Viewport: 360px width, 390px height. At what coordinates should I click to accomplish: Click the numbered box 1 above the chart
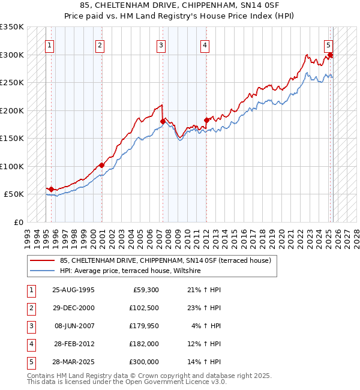[49, 44]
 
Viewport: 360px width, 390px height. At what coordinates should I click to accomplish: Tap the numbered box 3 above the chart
[161, 44]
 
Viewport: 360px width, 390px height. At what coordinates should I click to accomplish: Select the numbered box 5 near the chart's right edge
[329, 44]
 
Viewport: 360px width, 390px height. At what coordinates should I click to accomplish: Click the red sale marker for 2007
[163, 122]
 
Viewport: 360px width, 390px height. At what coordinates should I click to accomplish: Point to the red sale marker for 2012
[206, 120]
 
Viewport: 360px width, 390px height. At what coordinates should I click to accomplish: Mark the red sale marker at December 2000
[101, 165]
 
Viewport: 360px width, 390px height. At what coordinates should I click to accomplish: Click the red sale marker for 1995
[51, 189]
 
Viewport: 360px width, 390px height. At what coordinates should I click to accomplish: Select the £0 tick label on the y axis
[18, 222]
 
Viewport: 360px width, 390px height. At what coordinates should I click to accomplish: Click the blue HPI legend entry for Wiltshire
[130, 271]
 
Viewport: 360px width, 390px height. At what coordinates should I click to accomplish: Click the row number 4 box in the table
[31, 344]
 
